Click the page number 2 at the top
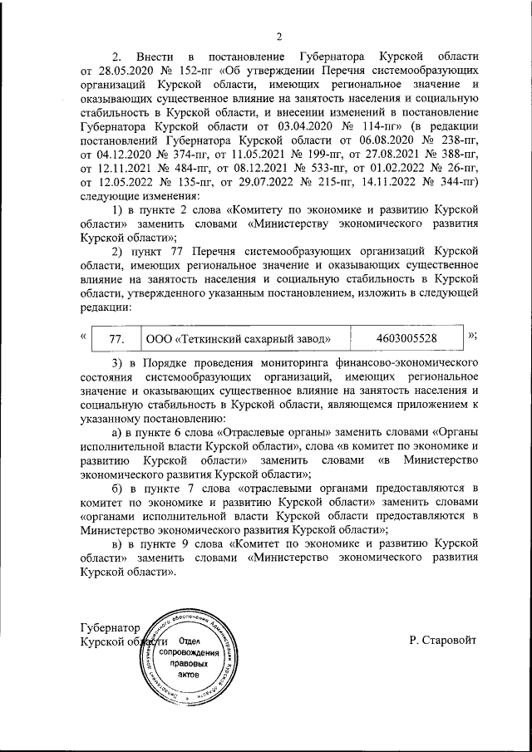[280, 36]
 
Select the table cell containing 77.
[116, 338]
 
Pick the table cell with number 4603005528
[406, 338]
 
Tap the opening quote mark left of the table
[82, 336]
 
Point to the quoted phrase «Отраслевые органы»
[275, 433]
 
